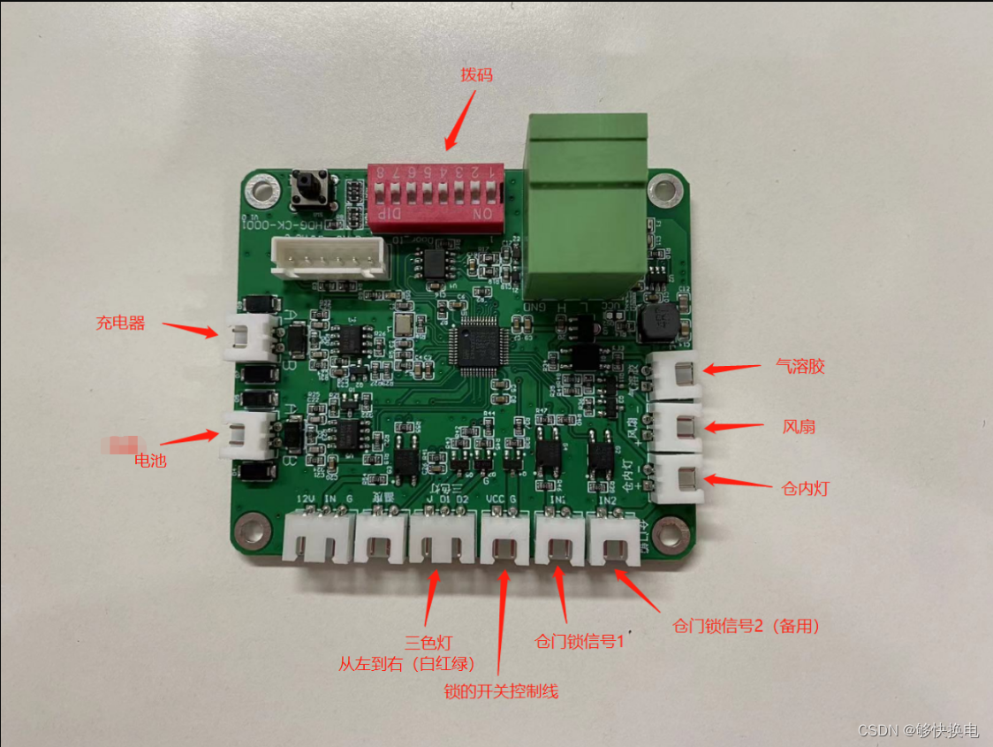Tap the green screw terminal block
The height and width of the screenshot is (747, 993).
(x=587, y=205)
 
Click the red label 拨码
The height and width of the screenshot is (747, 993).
(x=476, y=75)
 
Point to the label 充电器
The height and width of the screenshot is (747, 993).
(x=120, y=323)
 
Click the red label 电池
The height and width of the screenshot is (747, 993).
(x=150, y=460)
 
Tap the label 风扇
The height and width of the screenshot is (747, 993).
(x=799, y=427)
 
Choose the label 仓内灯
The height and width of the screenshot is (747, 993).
(x=806, y=487)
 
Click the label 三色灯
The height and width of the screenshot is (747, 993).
(x=428, y=642)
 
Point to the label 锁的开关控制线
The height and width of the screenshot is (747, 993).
(x=501, y=690)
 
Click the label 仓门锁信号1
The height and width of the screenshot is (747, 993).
(x=580, y=639)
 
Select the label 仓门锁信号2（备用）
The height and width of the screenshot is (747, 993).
(x=747, y=626)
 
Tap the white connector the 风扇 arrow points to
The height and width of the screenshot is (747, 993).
(x=678, y=428)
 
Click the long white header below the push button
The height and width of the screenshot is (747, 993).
(x=329, y=261)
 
